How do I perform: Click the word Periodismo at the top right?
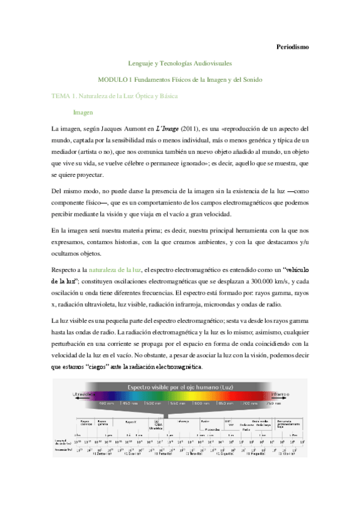291,46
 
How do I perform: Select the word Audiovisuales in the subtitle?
215,63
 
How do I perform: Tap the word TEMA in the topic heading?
63,96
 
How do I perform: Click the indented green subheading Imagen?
83,112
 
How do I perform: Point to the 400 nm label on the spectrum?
106,403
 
